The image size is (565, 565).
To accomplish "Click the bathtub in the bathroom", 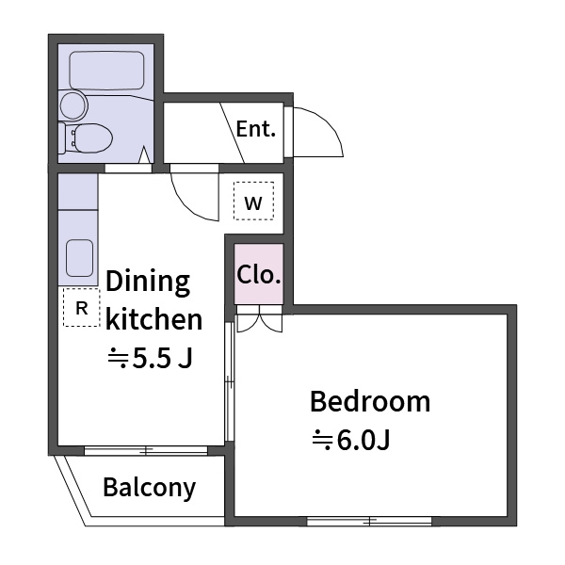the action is pos(106,71).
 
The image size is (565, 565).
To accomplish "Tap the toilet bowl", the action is pos(93,138).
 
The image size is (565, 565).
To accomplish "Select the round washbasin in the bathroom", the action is pos(73,105).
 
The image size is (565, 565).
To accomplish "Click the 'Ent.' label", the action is pos(256,129).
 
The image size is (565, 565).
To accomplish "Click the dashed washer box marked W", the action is pos(253,201).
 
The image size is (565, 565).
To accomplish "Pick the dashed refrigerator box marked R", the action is pos(82,307).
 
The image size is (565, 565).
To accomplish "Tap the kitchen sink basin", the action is pos(80,258).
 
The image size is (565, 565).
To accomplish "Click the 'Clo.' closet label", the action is pos(259,275).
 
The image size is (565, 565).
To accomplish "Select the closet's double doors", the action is pos(259,319).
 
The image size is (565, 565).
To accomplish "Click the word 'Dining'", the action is pos(148,282).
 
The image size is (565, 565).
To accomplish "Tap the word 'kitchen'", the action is pos(154,319).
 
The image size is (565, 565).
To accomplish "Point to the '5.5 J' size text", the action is pos(163,358).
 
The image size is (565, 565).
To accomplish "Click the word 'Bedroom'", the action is pos(370,401).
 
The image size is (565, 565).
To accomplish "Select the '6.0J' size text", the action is pos(363,440).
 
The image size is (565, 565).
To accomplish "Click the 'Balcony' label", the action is pos(150,488).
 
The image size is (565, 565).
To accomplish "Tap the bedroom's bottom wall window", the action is pos(369,521).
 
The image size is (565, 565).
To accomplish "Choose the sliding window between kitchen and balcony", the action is pos(146,450).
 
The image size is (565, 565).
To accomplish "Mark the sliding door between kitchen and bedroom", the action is pos(230,381).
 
